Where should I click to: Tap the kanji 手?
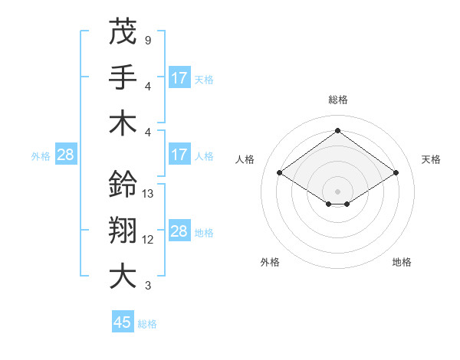[x=123, y=77]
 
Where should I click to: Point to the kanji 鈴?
[x=123, y=184]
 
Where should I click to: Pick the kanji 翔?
[x=123, y=230]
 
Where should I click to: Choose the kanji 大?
[x=123, y=276]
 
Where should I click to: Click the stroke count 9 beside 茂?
[x=147, y=39]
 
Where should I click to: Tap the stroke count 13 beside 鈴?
[x=149, y=193]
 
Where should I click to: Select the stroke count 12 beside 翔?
[x=149, y=239]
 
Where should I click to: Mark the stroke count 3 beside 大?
[x=147, y=286]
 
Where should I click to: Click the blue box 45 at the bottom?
[x=123, y=322]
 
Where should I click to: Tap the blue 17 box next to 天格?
[x=179, y=77]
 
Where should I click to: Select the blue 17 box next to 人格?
[x=179, y=155]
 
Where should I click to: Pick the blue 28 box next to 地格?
[x=179, y=232]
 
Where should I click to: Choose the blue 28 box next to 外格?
[x=66, y=155]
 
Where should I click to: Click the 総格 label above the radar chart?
[x=337, y=100]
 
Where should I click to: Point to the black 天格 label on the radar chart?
[x=431, y=159]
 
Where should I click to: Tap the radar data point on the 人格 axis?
[x=279, y=173]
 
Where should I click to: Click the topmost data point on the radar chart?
[x=337, y=130]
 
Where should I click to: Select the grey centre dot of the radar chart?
[x=337, y=190]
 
